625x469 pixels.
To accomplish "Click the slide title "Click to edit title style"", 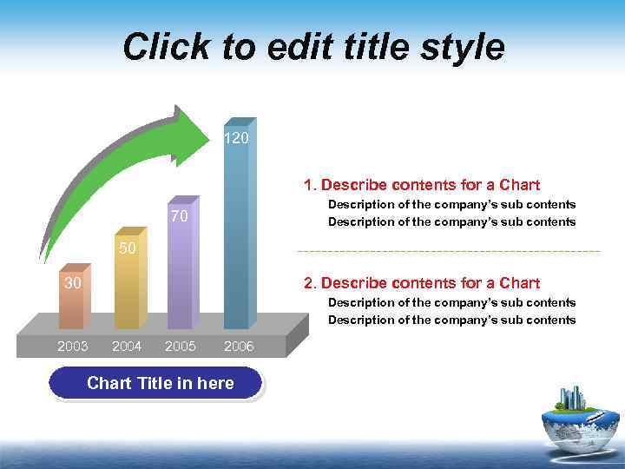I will (x=312, y=47).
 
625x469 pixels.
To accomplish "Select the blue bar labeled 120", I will (x=237, y=234).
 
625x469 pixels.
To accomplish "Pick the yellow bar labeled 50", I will (x=127, y=287).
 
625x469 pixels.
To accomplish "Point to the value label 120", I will (x=236, y=138).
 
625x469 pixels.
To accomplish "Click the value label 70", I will (x=180, y=215).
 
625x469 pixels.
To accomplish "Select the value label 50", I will (x=127, y=248).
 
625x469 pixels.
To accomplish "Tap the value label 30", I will (x=73, y=283).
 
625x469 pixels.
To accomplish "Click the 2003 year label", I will (x=73, y=346).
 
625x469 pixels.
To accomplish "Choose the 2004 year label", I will (x=127, y=346).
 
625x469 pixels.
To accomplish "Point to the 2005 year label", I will (x=180, y=346).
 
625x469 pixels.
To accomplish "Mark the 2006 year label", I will (x=239, y=347).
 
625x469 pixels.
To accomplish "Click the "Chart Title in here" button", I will (x=156, y=383).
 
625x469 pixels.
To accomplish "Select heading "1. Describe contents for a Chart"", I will (x=421, y=185).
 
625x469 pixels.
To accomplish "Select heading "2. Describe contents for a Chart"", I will (x=421, y=283).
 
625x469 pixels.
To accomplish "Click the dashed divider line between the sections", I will (x=448, y=251).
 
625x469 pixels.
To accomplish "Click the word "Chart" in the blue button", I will (x=109, y=383).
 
